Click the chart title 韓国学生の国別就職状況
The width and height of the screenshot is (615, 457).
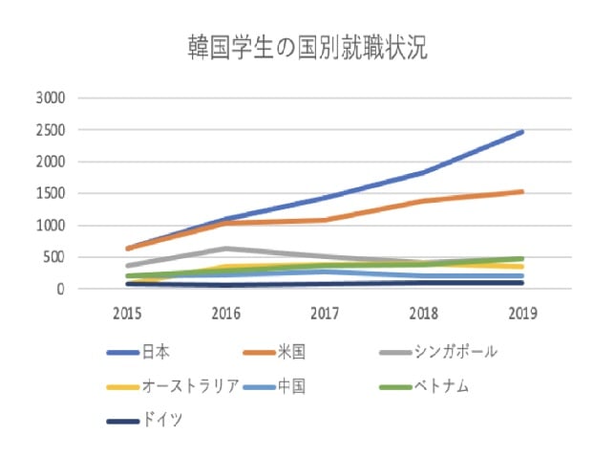(x=307, y=50)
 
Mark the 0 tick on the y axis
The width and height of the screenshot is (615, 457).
(x=58, y=289)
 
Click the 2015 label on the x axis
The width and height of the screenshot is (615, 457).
(x=126, y=313)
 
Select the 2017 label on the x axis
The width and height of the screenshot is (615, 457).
(x=325, y=313)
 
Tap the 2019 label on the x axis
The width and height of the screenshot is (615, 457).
(x=522, y=313)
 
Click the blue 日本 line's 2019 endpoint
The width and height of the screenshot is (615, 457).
(x=522, y=132)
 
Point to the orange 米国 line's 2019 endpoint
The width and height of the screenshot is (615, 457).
(x=522, y=191)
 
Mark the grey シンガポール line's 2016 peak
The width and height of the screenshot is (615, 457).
(x=225, y=249)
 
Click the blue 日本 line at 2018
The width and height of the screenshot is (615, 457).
(x=423, y=172)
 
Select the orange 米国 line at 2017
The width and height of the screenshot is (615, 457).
(x=325, y=220)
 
